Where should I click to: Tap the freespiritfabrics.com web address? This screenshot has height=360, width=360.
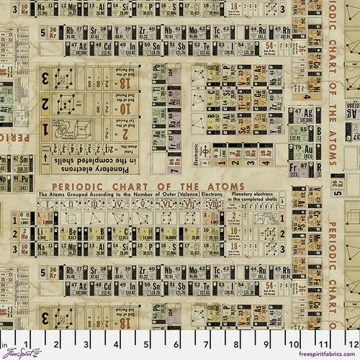point(321,354)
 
